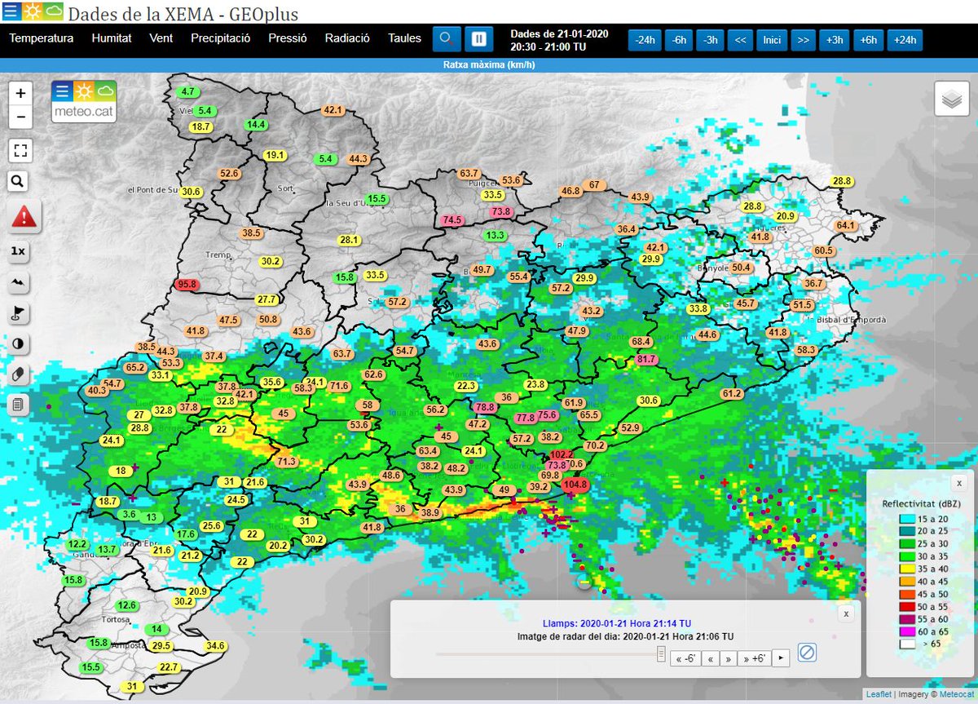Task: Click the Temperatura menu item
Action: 41,38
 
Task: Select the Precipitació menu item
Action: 220,38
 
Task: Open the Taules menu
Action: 404,38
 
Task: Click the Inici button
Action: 771,40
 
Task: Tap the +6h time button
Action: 868,40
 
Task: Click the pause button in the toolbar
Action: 479,38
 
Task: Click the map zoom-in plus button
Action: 20,93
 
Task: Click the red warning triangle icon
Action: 24,217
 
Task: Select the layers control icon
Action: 951,100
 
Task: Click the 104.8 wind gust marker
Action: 575,484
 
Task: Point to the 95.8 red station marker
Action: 187,285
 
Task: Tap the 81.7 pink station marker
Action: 646,360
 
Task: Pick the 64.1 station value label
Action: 846,225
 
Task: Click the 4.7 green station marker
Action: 188,91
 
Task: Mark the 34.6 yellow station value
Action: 215,646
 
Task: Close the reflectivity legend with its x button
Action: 959,484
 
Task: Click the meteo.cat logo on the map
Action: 84,101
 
